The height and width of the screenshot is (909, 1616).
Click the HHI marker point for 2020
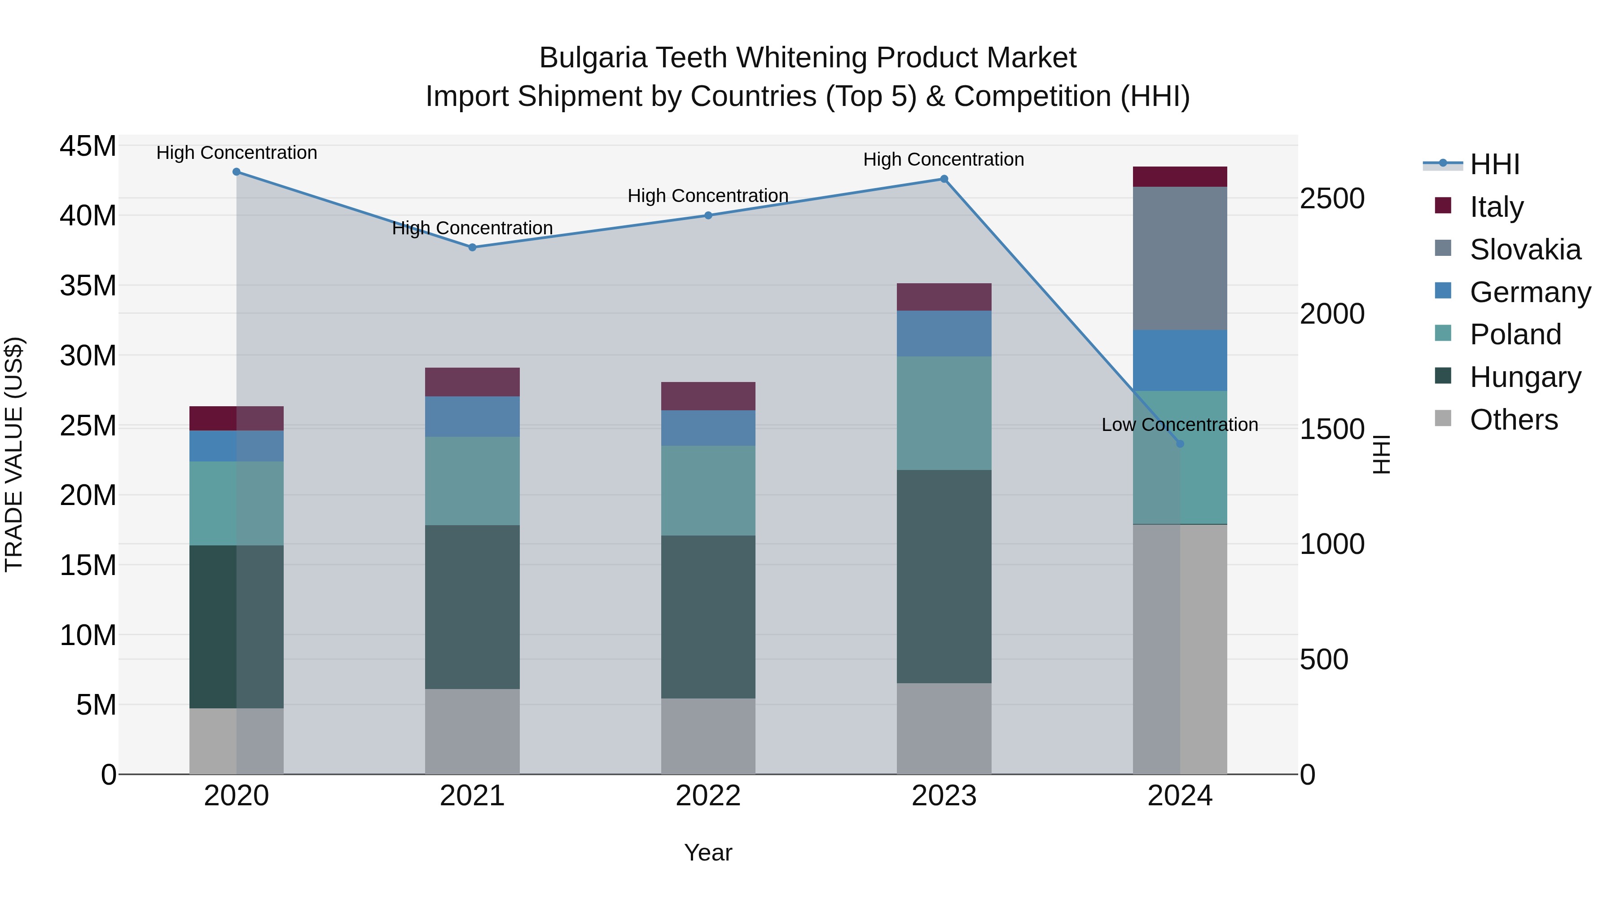click(x=237, y=172)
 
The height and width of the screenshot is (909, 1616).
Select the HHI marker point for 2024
click(x=1180, y=444)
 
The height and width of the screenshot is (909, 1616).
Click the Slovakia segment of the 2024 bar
click(x=1180, y=259)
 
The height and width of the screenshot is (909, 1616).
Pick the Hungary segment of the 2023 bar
click(x=944, y=576)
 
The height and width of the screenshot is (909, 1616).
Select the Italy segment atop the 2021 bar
click(x=472, y=382)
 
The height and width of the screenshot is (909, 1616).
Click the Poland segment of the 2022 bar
click(x=708, y=491)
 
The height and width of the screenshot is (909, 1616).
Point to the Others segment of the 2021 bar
click(x=472, y=732)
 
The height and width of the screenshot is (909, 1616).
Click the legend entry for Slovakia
click(x=1524, y=250)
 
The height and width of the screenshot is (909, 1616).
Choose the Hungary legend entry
click(x=1524, y=377)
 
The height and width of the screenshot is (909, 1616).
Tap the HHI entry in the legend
click(x=1494, y=164)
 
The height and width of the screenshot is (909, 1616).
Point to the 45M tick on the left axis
click(x=88, y=146)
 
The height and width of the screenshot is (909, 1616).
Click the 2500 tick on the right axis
click(x=1332, y=198)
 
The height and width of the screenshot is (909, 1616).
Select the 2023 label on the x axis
click(x=944, y=796)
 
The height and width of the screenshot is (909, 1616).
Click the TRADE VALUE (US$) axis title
click(x=14, y=454)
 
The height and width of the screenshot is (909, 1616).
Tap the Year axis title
click(x=708, y=852)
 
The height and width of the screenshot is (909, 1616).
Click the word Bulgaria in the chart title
click(x=593, y=58)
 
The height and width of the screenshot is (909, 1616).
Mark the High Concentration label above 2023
click(x=944, y=159)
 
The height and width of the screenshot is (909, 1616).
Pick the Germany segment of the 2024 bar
click(x=1180, y=361)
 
